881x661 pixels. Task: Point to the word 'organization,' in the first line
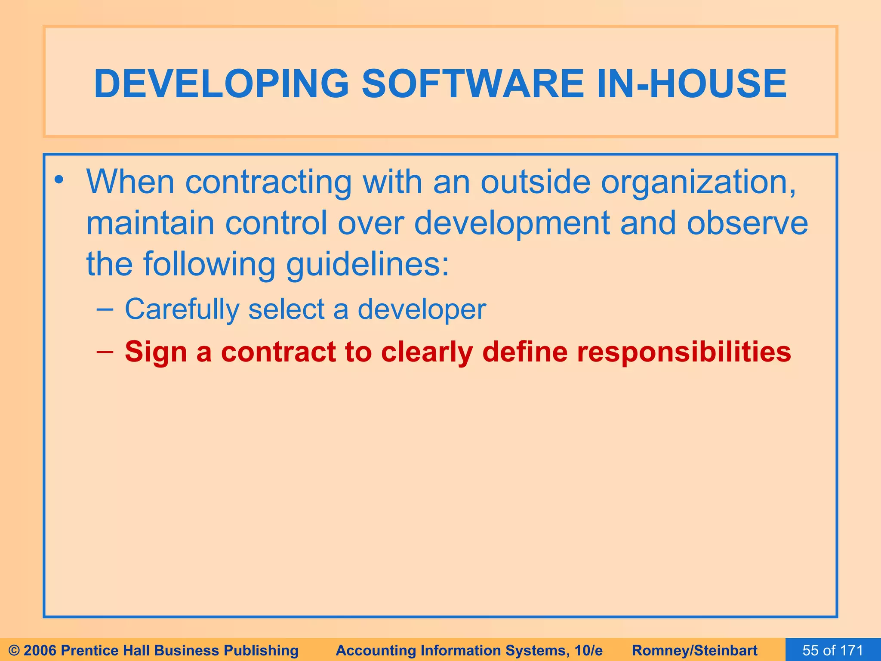pos(698,183)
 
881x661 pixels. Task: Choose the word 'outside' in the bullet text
pos(535,182)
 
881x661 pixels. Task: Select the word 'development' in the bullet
pos(511,224)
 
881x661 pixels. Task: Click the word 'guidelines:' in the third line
pos(368,265)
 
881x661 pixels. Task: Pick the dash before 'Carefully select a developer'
pos(105,309)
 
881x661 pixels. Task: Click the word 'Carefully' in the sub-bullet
pos(182,309)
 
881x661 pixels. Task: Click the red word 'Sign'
pos(156,352)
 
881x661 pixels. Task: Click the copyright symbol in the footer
pos(14,650)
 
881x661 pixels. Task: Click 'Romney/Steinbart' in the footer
pos(694,650)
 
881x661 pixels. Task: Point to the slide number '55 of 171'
pos(832,650)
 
